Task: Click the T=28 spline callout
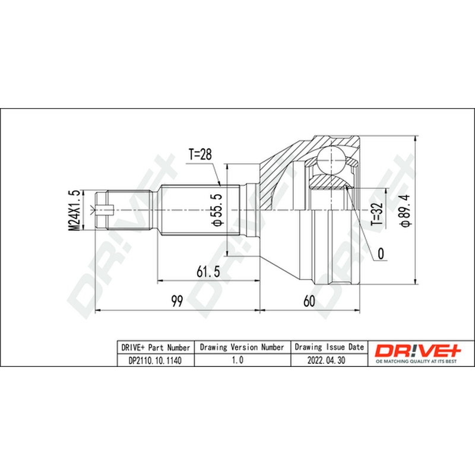click(200, 154)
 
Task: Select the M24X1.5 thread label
click(74, 210)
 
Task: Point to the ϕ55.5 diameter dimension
click(218, 210)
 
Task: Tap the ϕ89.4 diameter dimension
click(405, 210)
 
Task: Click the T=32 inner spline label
click(377, 214)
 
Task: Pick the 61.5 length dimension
click(208, 271)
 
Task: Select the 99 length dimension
click(177, 301)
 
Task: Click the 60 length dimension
click(309, 301)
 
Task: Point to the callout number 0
click(381, 254)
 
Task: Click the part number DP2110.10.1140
click(155, 360)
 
